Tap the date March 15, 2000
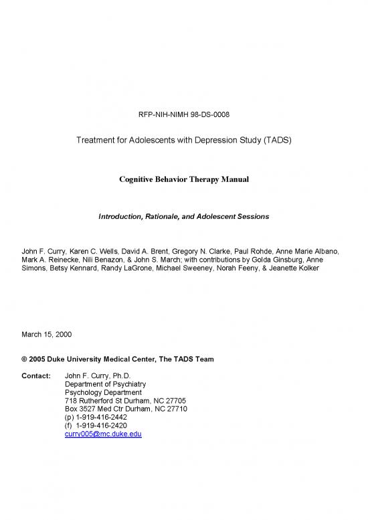48,333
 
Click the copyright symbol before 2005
25,359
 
